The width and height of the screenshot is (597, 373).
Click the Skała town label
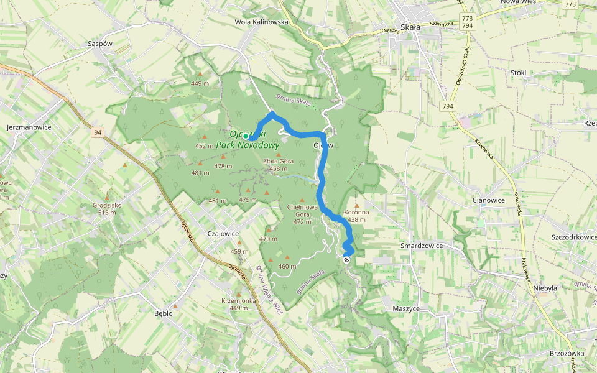pyautogui.click(x=411, y=27)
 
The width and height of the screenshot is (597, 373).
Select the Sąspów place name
pyautogui.click(x=99, y=44)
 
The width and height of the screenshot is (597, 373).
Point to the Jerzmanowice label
pyautogui.click(x=29, y=127)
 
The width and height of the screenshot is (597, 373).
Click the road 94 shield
pyautogui.click(x=98, y=132)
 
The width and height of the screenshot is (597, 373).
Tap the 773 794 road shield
pyautogui.click(x=468, y=21)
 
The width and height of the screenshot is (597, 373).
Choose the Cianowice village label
pyautogui.click(x=488, y=200)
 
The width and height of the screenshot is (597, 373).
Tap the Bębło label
pyautogui.click(x=163, y=313)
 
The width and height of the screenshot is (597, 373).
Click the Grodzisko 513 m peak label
pyautogui.click(x=104, y=208)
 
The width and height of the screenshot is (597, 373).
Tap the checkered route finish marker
pyautogui.click(x=346, y=260)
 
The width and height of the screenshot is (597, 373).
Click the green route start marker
pyautogui.click(x=246, y=136)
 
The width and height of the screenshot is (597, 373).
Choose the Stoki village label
pyautogui.click(x=518, y=73)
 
